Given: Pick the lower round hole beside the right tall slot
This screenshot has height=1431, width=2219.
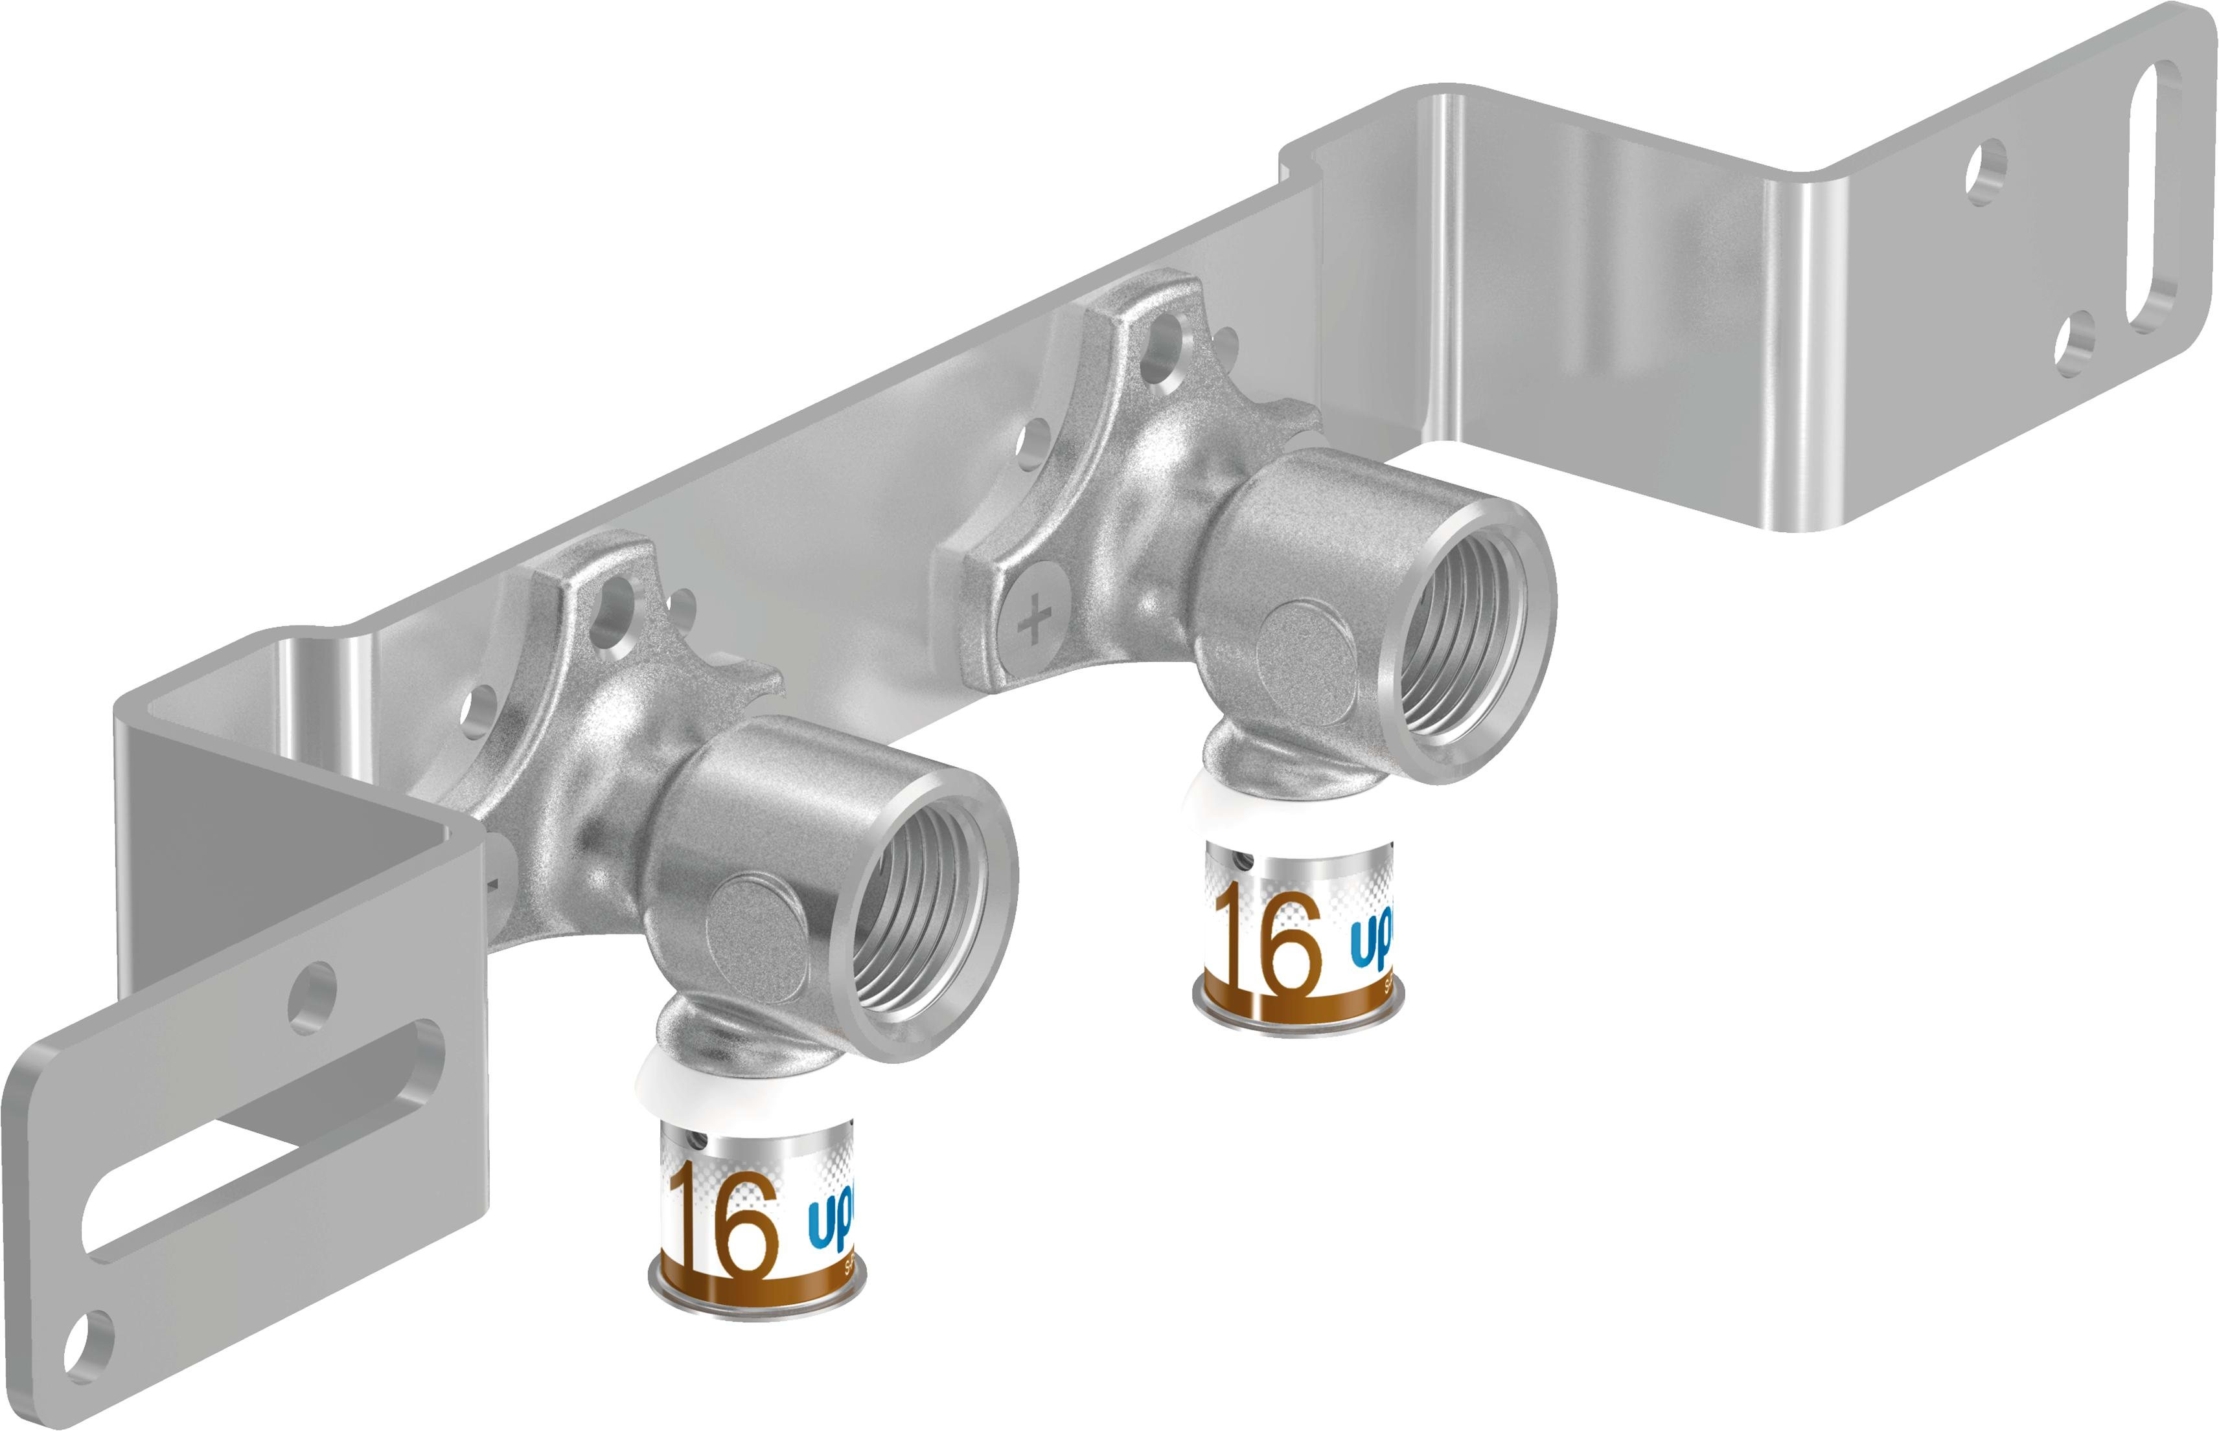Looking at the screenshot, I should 2075,343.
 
